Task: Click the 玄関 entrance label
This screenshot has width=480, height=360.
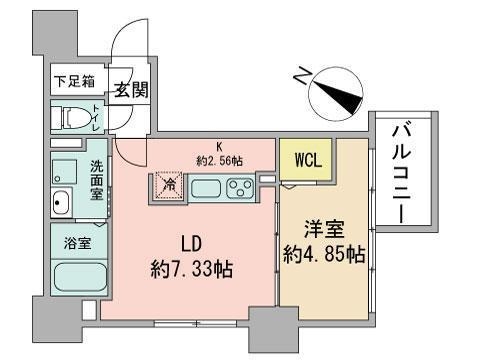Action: [131, 88]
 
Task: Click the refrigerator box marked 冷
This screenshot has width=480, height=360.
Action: [169, 186]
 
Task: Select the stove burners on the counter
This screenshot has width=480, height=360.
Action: [240, 187]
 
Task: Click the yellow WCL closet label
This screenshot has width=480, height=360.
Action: [307, 158]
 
